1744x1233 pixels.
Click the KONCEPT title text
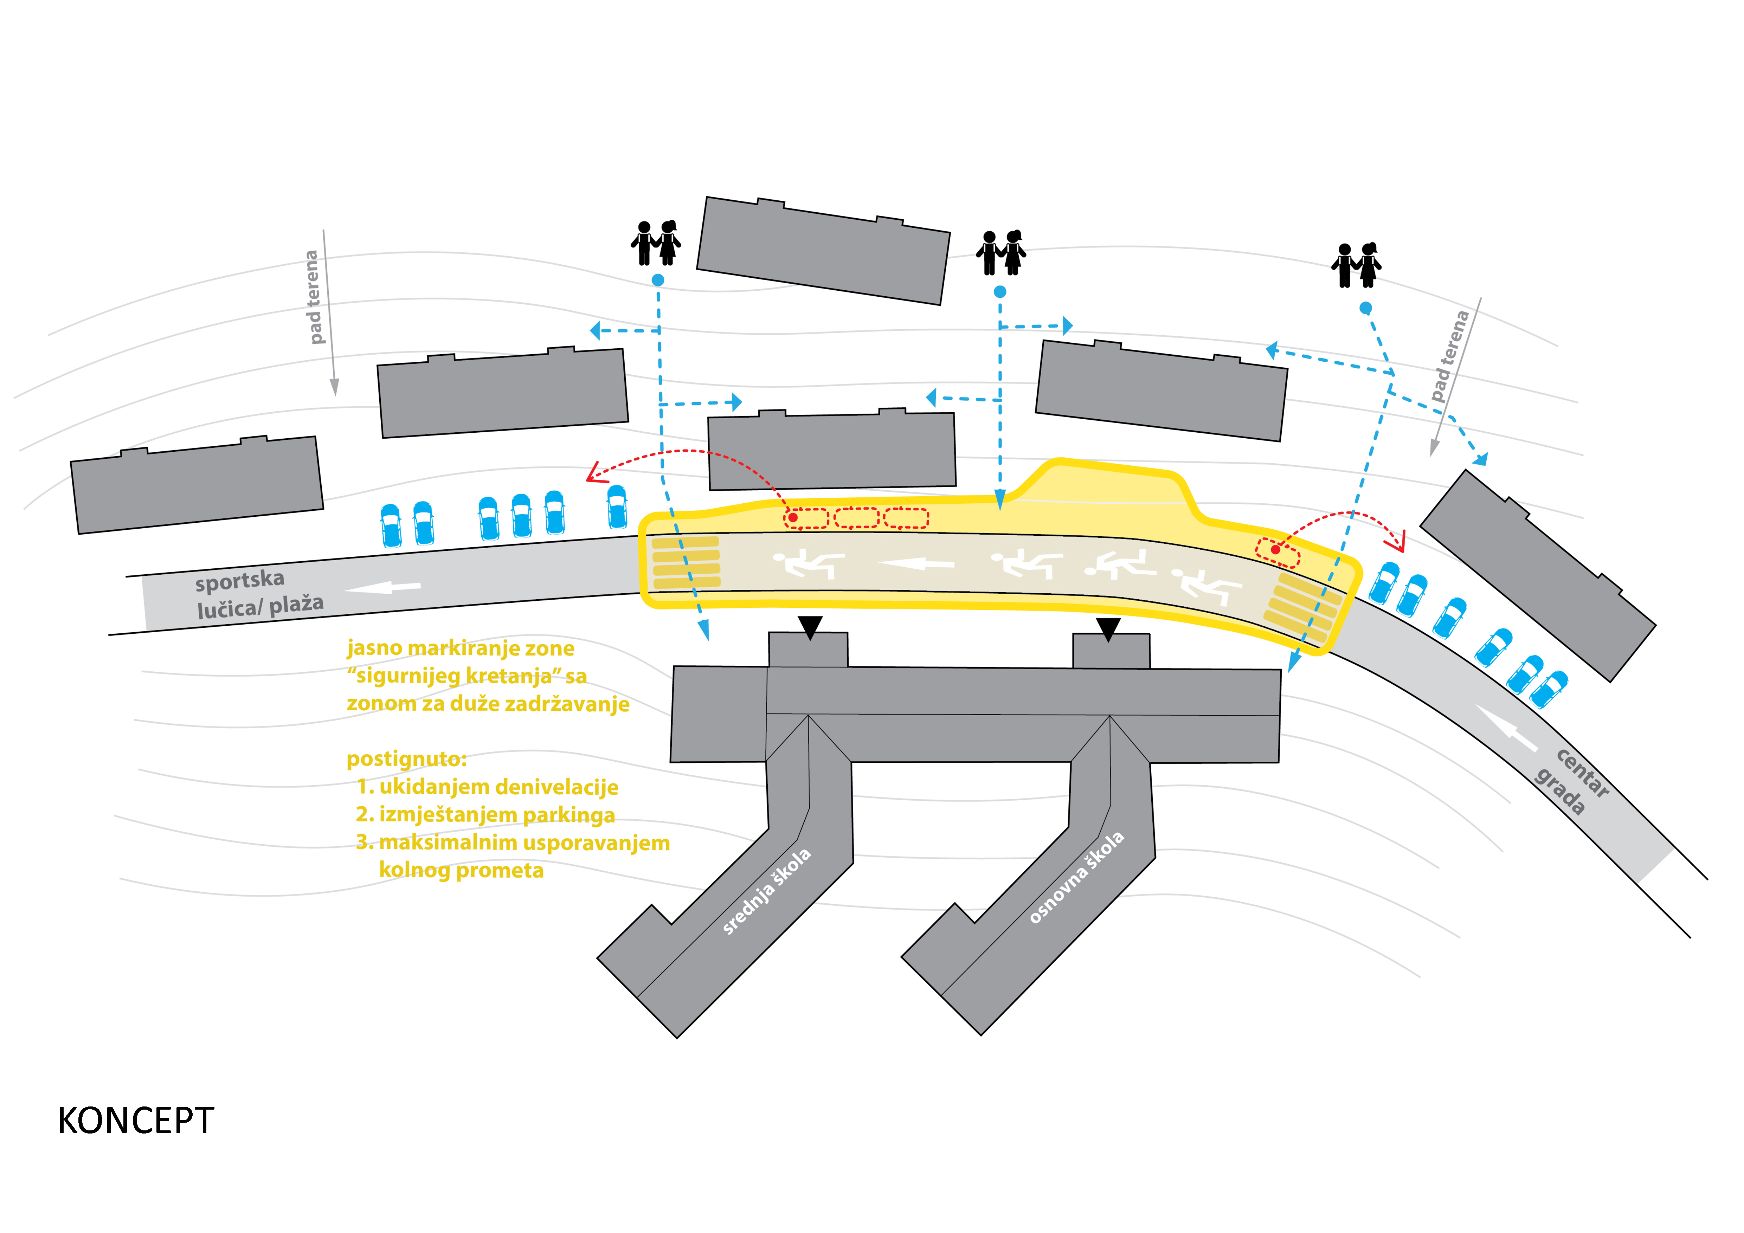tap(136, 1121)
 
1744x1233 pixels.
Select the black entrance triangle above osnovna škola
tap(1108, 629)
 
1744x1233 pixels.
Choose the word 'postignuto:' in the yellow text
tap(406, 759)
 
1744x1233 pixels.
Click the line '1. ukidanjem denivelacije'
tap(488, 787)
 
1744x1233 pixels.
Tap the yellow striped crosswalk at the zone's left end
tap(686, 563)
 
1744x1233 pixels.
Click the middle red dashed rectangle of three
tap(857, 518)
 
